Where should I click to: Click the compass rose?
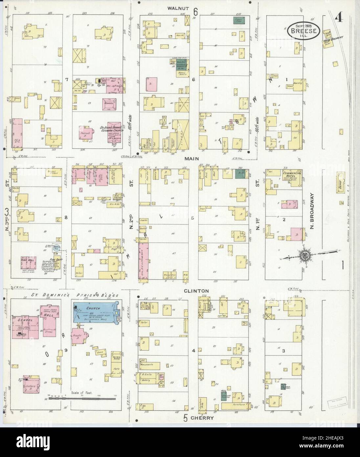304,254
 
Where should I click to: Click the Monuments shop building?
151,366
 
